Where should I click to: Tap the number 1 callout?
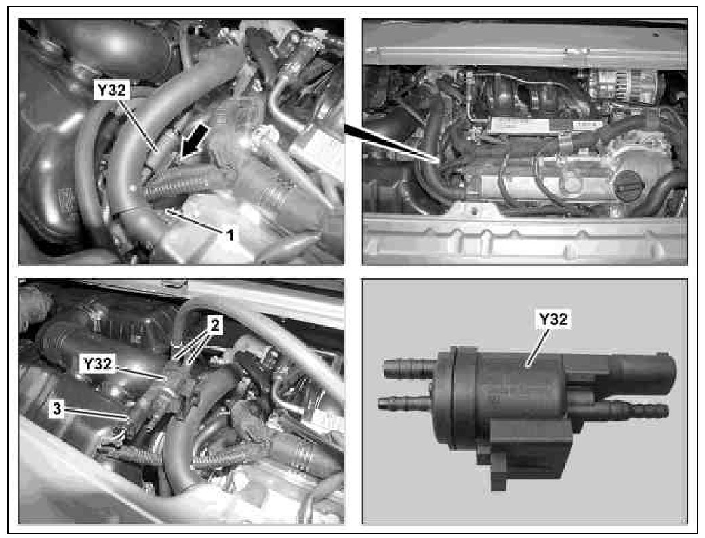230,234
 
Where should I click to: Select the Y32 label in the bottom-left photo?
97,364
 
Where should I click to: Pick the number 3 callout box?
57,409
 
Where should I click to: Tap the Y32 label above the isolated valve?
553,319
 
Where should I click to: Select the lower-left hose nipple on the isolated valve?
405,402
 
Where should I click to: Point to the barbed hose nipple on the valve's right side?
634,410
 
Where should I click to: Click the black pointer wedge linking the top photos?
391,142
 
